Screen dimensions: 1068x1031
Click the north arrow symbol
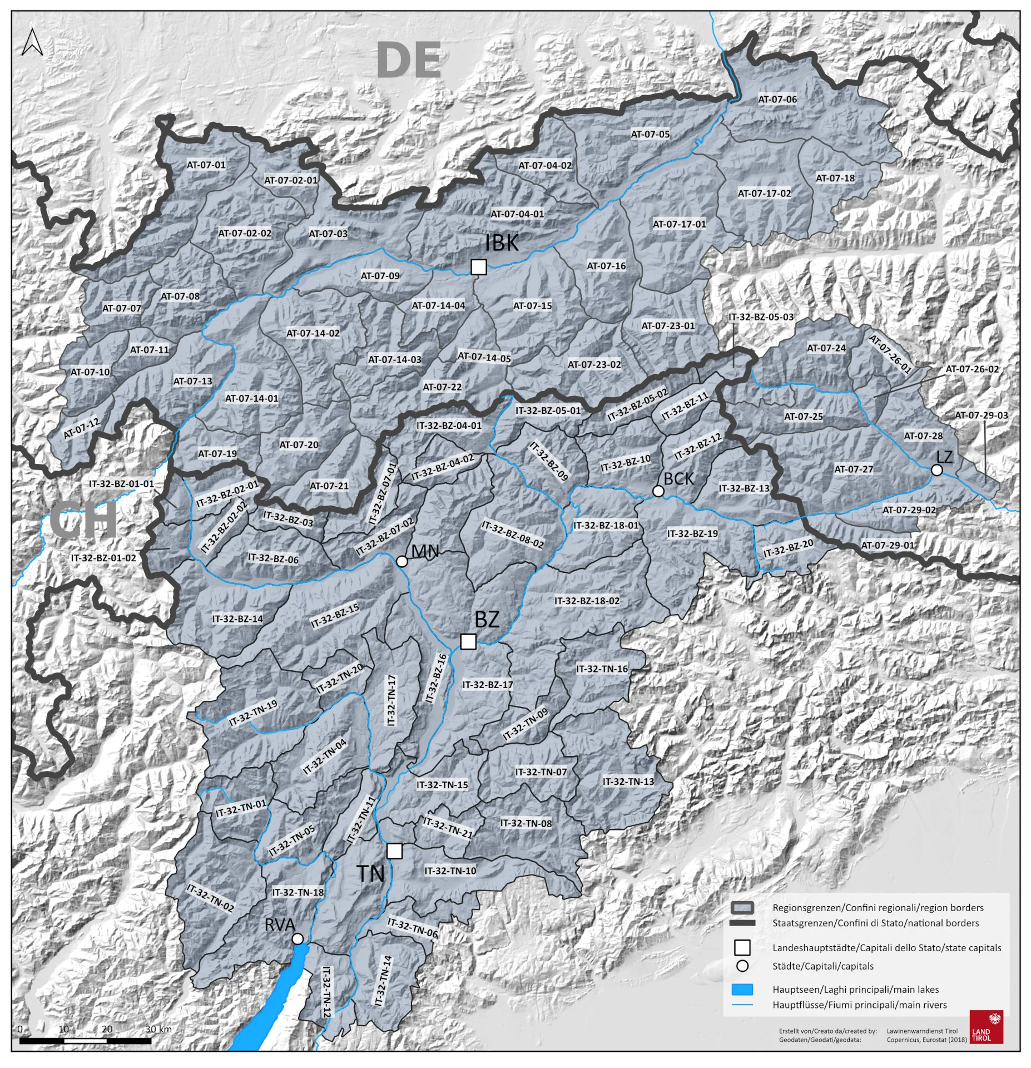32,42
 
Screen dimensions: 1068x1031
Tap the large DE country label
409,61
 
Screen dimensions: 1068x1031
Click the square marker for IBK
478,267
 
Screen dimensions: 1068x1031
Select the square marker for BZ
468,641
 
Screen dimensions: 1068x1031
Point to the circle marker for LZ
936,470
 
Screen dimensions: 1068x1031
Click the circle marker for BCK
658,491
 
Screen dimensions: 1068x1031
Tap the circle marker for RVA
298,939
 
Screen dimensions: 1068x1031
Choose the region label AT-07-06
777,99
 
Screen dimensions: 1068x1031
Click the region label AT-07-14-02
313,333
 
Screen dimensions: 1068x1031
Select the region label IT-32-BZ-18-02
587,601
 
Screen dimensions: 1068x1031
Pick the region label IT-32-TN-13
628,782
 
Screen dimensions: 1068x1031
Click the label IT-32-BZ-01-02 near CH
103,557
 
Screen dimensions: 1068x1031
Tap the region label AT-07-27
853,469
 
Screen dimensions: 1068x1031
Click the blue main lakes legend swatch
742,990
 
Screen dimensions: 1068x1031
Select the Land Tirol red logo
986,1027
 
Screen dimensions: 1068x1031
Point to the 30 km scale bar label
158,1029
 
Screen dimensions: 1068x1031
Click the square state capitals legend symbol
742,947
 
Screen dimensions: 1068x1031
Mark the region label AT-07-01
206,165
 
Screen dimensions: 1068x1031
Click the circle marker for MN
402,561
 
